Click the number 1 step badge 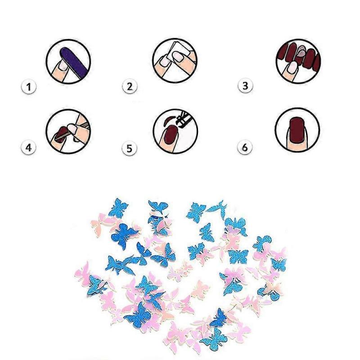click(29, 86)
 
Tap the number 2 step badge click(130, 86)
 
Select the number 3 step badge click(245, 85)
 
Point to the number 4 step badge click(29, 147)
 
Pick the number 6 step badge click(245, 147)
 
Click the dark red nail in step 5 click(170, 135)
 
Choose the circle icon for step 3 click(297, 61)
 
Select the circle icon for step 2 click(175, 60)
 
